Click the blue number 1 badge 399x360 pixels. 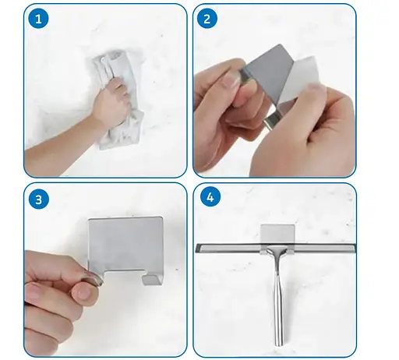(38, 19)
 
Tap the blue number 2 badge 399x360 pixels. (207, 19)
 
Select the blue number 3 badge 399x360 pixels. (39, 199)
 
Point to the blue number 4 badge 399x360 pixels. (210, 197)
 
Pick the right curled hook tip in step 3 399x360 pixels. (151, 280)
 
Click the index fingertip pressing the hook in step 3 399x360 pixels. (84, 291)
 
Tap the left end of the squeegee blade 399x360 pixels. (196, 248)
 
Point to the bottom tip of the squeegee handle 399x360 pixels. (279, 345)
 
